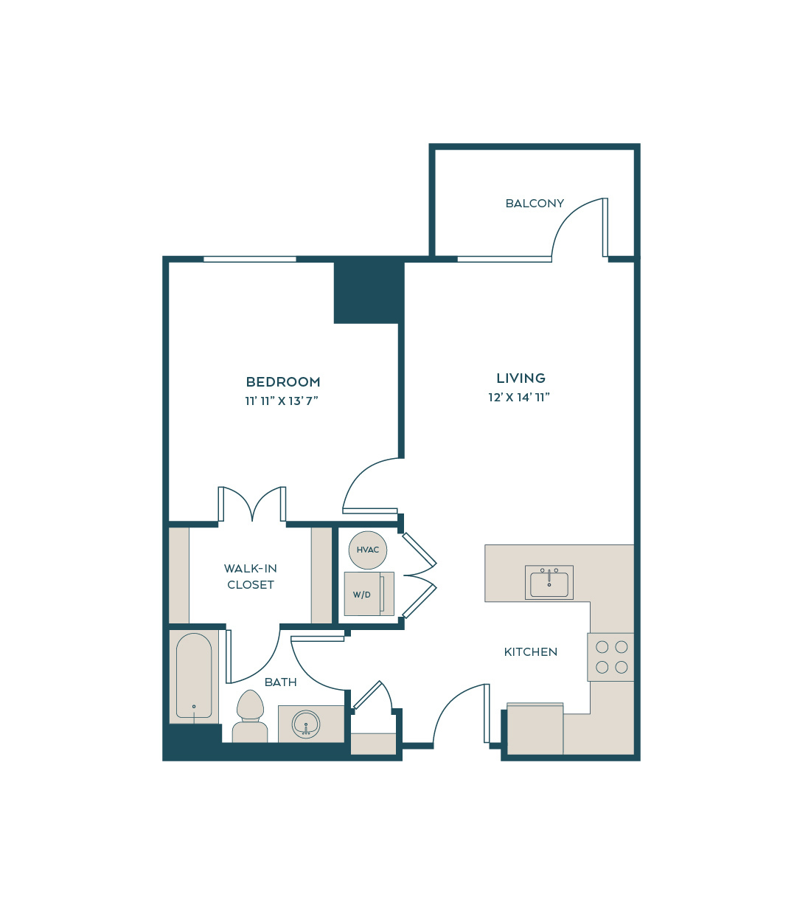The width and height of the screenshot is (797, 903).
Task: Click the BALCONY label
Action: [x=534, y=204]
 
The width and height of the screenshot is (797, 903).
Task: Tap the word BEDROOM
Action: [x=283, y=382]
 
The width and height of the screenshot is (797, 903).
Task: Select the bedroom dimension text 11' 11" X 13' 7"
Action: [x=282, y=401]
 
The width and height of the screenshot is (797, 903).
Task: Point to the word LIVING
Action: [x=521, y=378]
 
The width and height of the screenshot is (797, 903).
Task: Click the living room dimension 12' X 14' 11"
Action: [x=519, y=397]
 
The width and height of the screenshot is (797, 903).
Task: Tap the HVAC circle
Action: [x=368, y=550]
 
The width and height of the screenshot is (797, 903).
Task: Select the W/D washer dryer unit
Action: [x=369, y=594]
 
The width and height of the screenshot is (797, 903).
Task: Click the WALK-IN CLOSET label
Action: [x=251, y=576]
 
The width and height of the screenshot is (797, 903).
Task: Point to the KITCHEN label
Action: [x=531, y=652]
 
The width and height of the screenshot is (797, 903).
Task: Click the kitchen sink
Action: [x=549, y=583]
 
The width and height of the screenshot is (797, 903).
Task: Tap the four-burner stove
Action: [x=610, y=657]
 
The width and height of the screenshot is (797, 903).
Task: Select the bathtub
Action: [x=194, y=675]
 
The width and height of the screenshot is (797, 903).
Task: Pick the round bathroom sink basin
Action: [x=306, y=724]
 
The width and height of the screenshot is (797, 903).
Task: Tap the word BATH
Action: [x=280, y=682]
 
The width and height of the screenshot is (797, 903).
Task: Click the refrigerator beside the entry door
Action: [x=535, y=729]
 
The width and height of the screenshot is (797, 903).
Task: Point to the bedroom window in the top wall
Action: [x=250, y=260]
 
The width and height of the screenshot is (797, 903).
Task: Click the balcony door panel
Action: [x=605, y=227]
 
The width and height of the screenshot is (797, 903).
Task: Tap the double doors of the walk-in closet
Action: [x=252, y=505]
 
